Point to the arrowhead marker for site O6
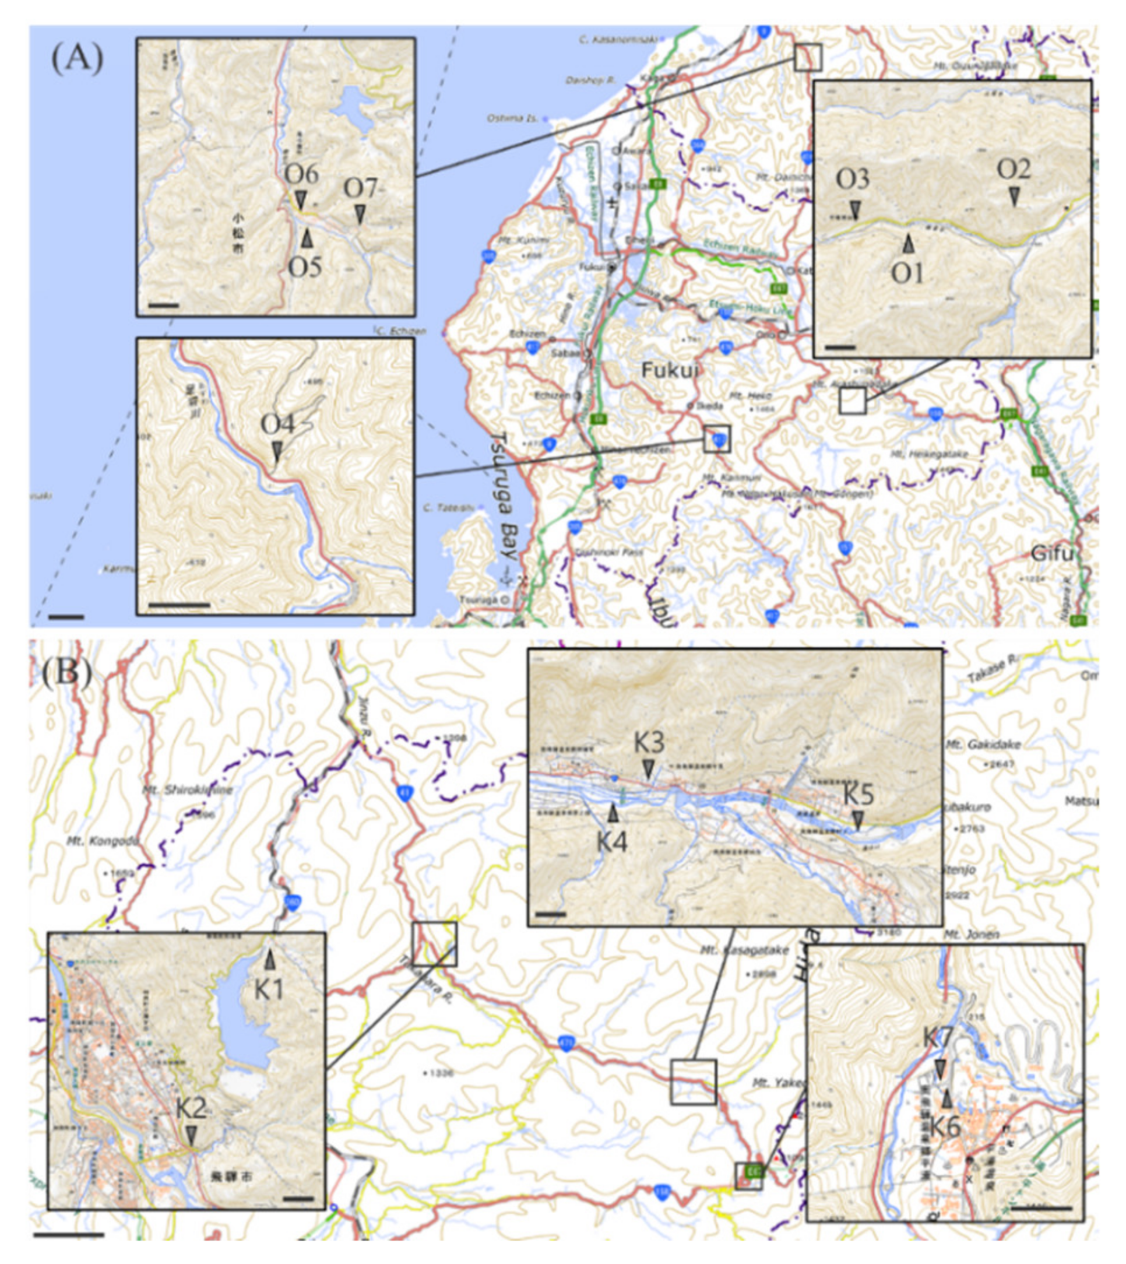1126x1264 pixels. [301, 199]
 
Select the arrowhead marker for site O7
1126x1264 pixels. [360, 214]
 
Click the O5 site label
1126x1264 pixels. [305, 267]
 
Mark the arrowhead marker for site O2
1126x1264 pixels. [1014, 197]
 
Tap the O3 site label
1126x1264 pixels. [853, 180]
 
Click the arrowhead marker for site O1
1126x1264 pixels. [908, 244]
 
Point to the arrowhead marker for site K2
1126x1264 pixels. [192, 1135]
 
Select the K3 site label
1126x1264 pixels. [649, 743]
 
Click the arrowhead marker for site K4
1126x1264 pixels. [613, 813]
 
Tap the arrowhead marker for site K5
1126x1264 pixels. [857, 821]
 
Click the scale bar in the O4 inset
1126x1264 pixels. [180, 605]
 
